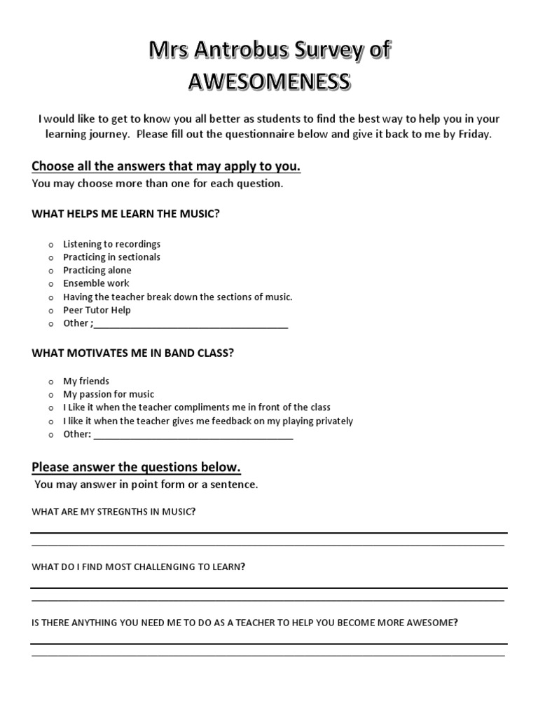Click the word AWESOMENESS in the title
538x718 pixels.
[269, 82]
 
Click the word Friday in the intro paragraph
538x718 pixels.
[475, 134]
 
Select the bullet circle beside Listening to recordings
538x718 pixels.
[51, 245]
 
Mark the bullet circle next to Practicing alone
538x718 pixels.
[51, 271]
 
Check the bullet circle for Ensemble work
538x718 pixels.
[51, 284]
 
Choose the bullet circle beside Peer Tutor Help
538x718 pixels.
[51, 311]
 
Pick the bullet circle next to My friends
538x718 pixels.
[51, 381]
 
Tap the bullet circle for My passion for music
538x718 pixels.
[51, 395]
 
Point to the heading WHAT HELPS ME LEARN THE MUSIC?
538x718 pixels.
[126, 214]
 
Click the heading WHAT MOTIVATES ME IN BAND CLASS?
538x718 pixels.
[133, 353]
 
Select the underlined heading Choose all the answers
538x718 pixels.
[166, 166]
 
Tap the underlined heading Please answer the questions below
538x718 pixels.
[137, 467]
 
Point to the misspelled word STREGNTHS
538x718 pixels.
[123, 512]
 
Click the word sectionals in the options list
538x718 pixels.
[139, 257]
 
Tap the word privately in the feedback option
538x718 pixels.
[333, 421]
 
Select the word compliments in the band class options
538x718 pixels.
[198, 407]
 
